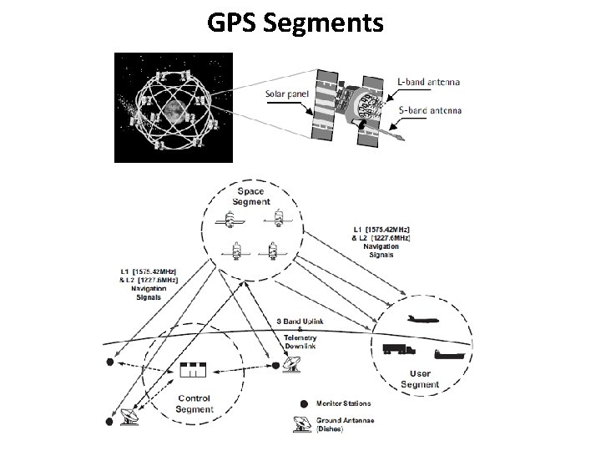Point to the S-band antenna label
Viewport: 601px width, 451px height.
tap(429, 110)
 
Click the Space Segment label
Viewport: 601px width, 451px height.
tap(251, 195)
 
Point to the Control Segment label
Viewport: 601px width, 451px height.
tap(194, 403)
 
